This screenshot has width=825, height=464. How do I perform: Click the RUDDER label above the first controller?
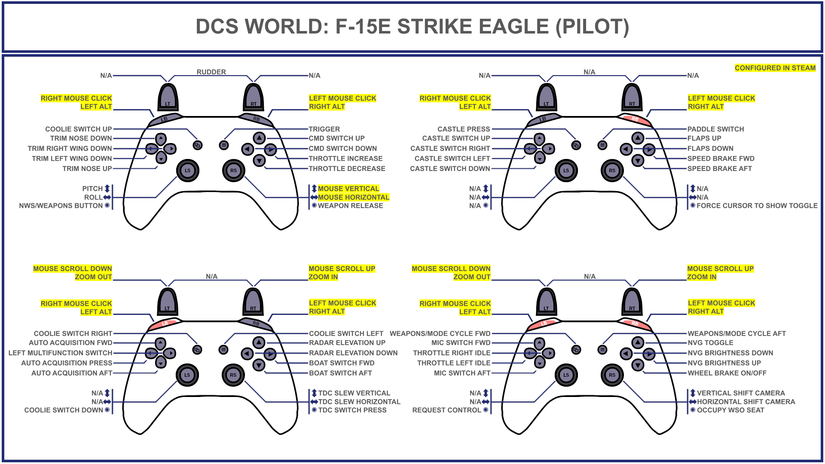click(x=211, y=72)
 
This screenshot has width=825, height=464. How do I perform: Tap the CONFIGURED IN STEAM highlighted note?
click(x=775, y=68)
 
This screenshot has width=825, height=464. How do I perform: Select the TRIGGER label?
click(x=324, y=129)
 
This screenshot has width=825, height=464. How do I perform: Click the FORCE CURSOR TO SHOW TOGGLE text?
click(x=757, y=206)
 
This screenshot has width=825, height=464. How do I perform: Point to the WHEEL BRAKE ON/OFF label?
click(x=727, y=373)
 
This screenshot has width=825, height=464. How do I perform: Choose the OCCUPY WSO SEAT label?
click(x=730, y=410)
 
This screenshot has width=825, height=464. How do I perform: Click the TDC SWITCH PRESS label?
click(x=352, y=410)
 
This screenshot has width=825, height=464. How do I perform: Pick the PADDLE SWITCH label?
click(x=715, y=129)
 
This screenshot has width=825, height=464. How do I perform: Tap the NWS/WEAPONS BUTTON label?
click(x=61, y=206)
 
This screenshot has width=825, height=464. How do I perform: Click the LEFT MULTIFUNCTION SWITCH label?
click(x=60, y=353)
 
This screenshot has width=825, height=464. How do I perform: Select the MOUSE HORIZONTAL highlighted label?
click(x=353, y=197)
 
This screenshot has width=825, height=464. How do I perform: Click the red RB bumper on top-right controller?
click(x=635, y=119)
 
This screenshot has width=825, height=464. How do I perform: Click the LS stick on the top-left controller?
click(x=187, y=171)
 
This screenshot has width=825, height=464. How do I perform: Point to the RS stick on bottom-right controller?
click(x=612, y=375)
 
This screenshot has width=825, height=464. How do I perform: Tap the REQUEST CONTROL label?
click(x=446, y=410)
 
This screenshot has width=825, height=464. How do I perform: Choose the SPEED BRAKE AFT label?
click(x=719, y=168)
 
